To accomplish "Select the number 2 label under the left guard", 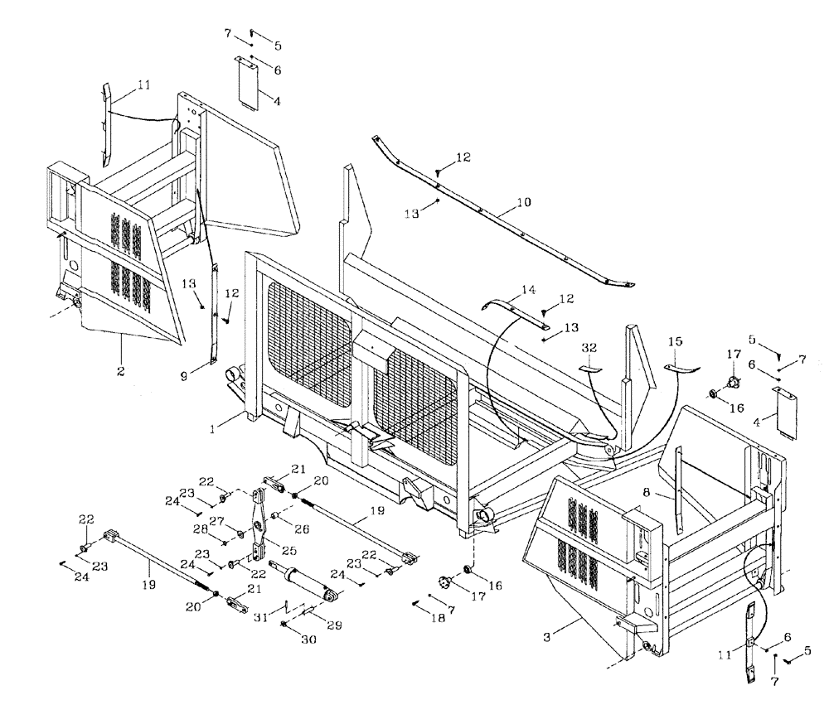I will pyautogui.click(x=120, y=371).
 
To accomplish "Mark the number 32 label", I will pyautogui.click(x=589, y=347).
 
